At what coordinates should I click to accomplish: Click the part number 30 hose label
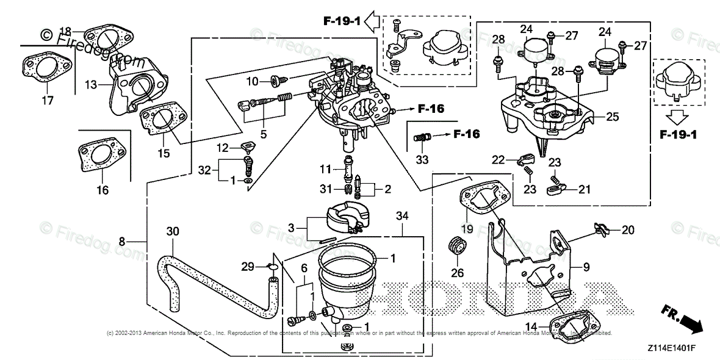click(x=173, y=231)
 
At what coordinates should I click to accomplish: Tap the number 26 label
click(x=457, y=273)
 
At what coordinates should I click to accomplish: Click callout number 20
click(x=628, y=230)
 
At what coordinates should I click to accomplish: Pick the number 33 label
click(x=422, y=160)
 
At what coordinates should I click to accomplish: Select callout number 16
click(x=103, y=190)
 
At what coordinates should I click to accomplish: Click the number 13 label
click(x=91, y=85)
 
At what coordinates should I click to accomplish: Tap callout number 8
click(x=122, y=242)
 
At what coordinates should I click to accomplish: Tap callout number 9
click(x=586, y=267)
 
